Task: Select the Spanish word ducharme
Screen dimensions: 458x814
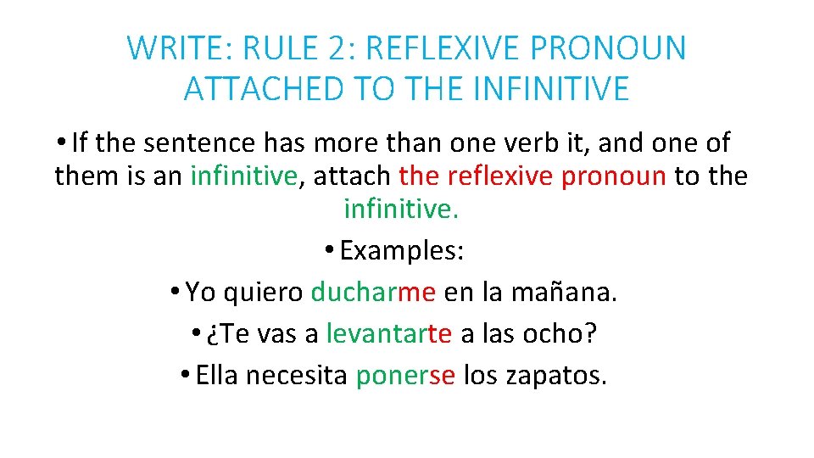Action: coord(373,292)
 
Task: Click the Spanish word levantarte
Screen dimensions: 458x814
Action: coord(388,333)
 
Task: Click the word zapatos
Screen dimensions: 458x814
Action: coord(555,375)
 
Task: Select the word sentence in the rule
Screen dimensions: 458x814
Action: coord(200,143)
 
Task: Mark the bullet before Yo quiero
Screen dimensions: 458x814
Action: coord(174,292)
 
